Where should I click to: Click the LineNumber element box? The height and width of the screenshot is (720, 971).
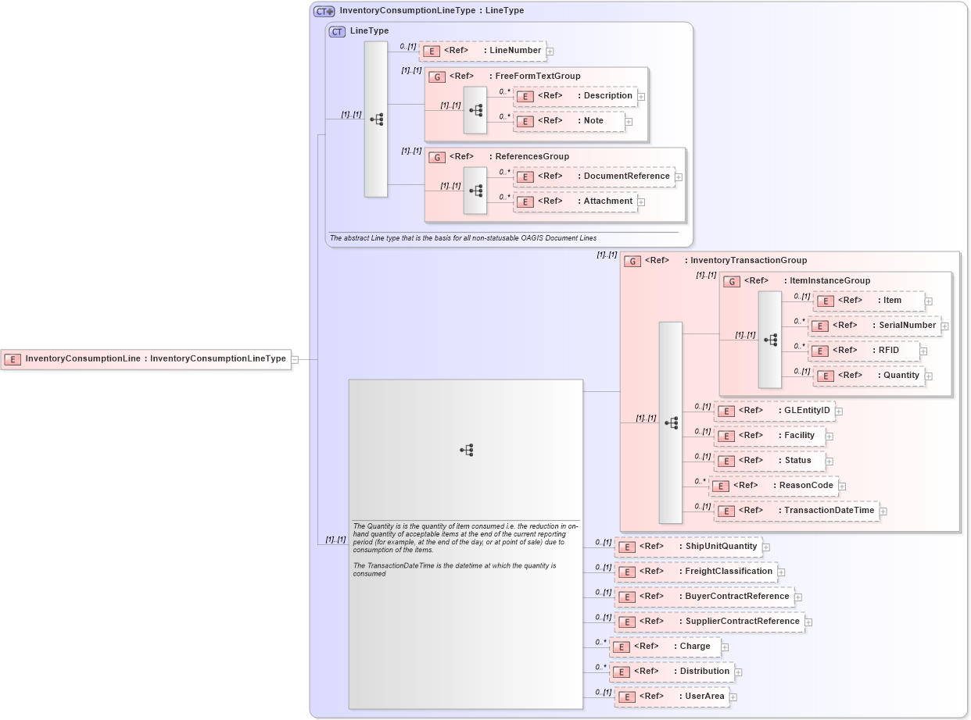(x=482, y=51)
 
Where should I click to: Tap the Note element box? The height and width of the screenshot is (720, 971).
(x=568, y=121)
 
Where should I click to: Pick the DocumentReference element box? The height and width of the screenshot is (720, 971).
(x=593, y=176)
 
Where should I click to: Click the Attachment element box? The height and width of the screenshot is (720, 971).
(x=575, y=201)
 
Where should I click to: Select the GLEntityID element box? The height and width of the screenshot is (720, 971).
(x=773, y=411)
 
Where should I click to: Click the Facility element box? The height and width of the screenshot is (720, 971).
(x=769, y=436)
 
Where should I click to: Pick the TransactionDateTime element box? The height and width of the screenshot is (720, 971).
(x=796, y=511)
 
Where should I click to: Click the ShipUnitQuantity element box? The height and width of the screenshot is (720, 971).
(x=688, y=547)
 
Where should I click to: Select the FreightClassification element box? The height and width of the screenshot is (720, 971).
(x=696, y=572)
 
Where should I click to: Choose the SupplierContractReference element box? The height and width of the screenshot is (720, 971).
(x=709, y=622)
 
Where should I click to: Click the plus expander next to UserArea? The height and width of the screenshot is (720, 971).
(x=733, y=697)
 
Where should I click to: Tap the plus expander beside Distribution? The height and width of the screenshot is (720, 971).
(x=738, y=672)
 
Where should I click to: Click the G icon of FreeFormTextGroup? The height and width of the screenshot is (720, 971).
(x=437, y=77)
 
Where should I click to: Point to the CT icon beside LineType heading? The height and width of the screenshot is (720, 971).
(x=337, y=31)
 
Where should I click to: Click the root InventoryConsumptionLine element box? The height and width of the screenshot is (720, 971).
(x=146, y=359)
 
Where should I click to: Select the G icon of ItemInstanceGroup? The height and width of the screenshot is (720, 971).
(x=732, y=281)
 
